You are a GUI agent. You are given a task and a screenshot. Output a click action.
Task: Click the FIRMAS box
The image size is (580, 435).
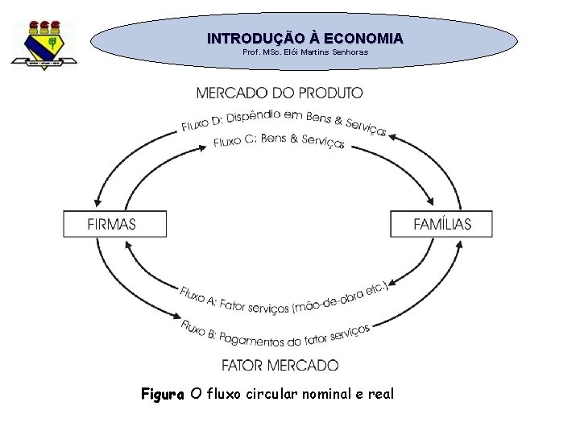(115, 224)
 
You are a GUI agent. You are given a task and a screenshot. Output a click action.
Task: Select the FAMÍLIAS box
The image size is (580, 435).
(441, 224)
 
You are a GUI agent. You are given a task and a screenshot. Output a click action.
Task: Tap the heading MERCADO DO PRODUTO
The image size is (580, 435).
(280, 93)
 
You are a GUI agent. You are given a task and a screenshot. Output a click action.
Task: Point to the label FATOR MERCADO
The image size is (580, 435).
(280, 365)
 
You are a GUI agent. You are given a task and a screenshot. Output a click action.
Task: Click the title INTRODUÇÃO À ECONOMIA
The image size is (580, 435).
(304, 38)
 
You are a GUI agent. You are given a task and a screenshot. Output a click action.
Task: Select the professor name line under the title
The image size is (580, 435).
(304, 52)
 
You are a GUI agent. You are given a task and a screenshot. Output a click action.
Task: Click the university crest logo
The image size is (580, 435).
(43, 45)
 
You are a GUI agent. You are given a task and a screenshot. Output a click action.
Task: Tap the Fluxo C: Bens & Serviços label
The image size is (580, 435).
(280, 141)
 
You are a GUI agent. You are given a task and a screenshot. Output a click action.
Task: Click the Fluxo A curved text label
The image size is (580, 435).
(284, 299)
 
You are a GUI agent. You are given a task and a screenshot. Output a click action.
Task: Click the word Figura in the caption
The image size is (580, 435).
(164, 394)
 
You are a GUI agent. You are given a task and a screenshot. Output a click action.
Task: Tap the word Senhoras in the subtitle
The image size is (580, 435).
(348, 52)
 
